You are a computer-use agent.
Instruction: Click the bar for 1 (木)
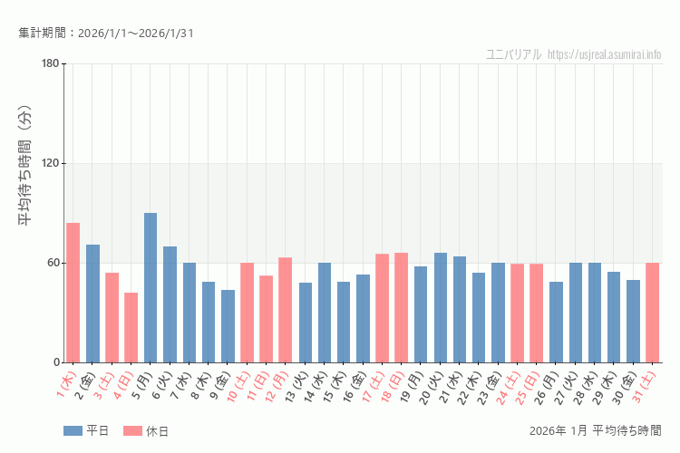(73, 293)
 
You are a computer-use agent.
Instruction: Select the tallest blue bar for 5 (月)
(151, 287)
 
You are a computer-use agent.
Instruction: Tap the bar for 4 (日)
(131, 327)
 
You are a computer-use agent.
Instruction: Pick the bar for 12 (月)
(285, 310)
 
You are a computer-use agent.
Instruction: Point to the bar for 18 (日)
(401, 307)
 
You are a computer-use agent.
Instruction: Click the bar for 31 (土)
(652, 313)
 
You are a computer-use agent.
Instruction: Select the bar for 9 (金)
(228, 326)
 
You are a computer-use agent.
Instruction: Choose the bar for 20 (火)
(440, 307)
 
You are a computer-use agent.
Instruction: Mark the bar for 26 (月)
(556, 322)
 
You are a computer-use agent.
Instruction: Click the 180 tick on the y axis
(50, 63)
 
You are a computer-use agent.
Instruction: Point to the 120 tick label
(50, 163)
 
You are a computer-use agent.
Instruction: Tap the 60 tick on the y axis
(53, 263)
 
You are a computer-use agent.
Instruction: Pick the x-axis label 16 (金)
(359, 385)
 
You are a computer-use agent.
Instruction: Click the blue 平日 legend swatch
(73, 431)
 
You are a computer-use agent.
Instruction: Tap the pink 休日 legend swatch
(132, 431)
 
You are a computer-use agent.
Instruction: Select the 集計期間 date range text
(105, 34)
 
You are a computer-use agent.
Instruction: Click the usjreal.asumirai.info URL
(605, 54)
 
